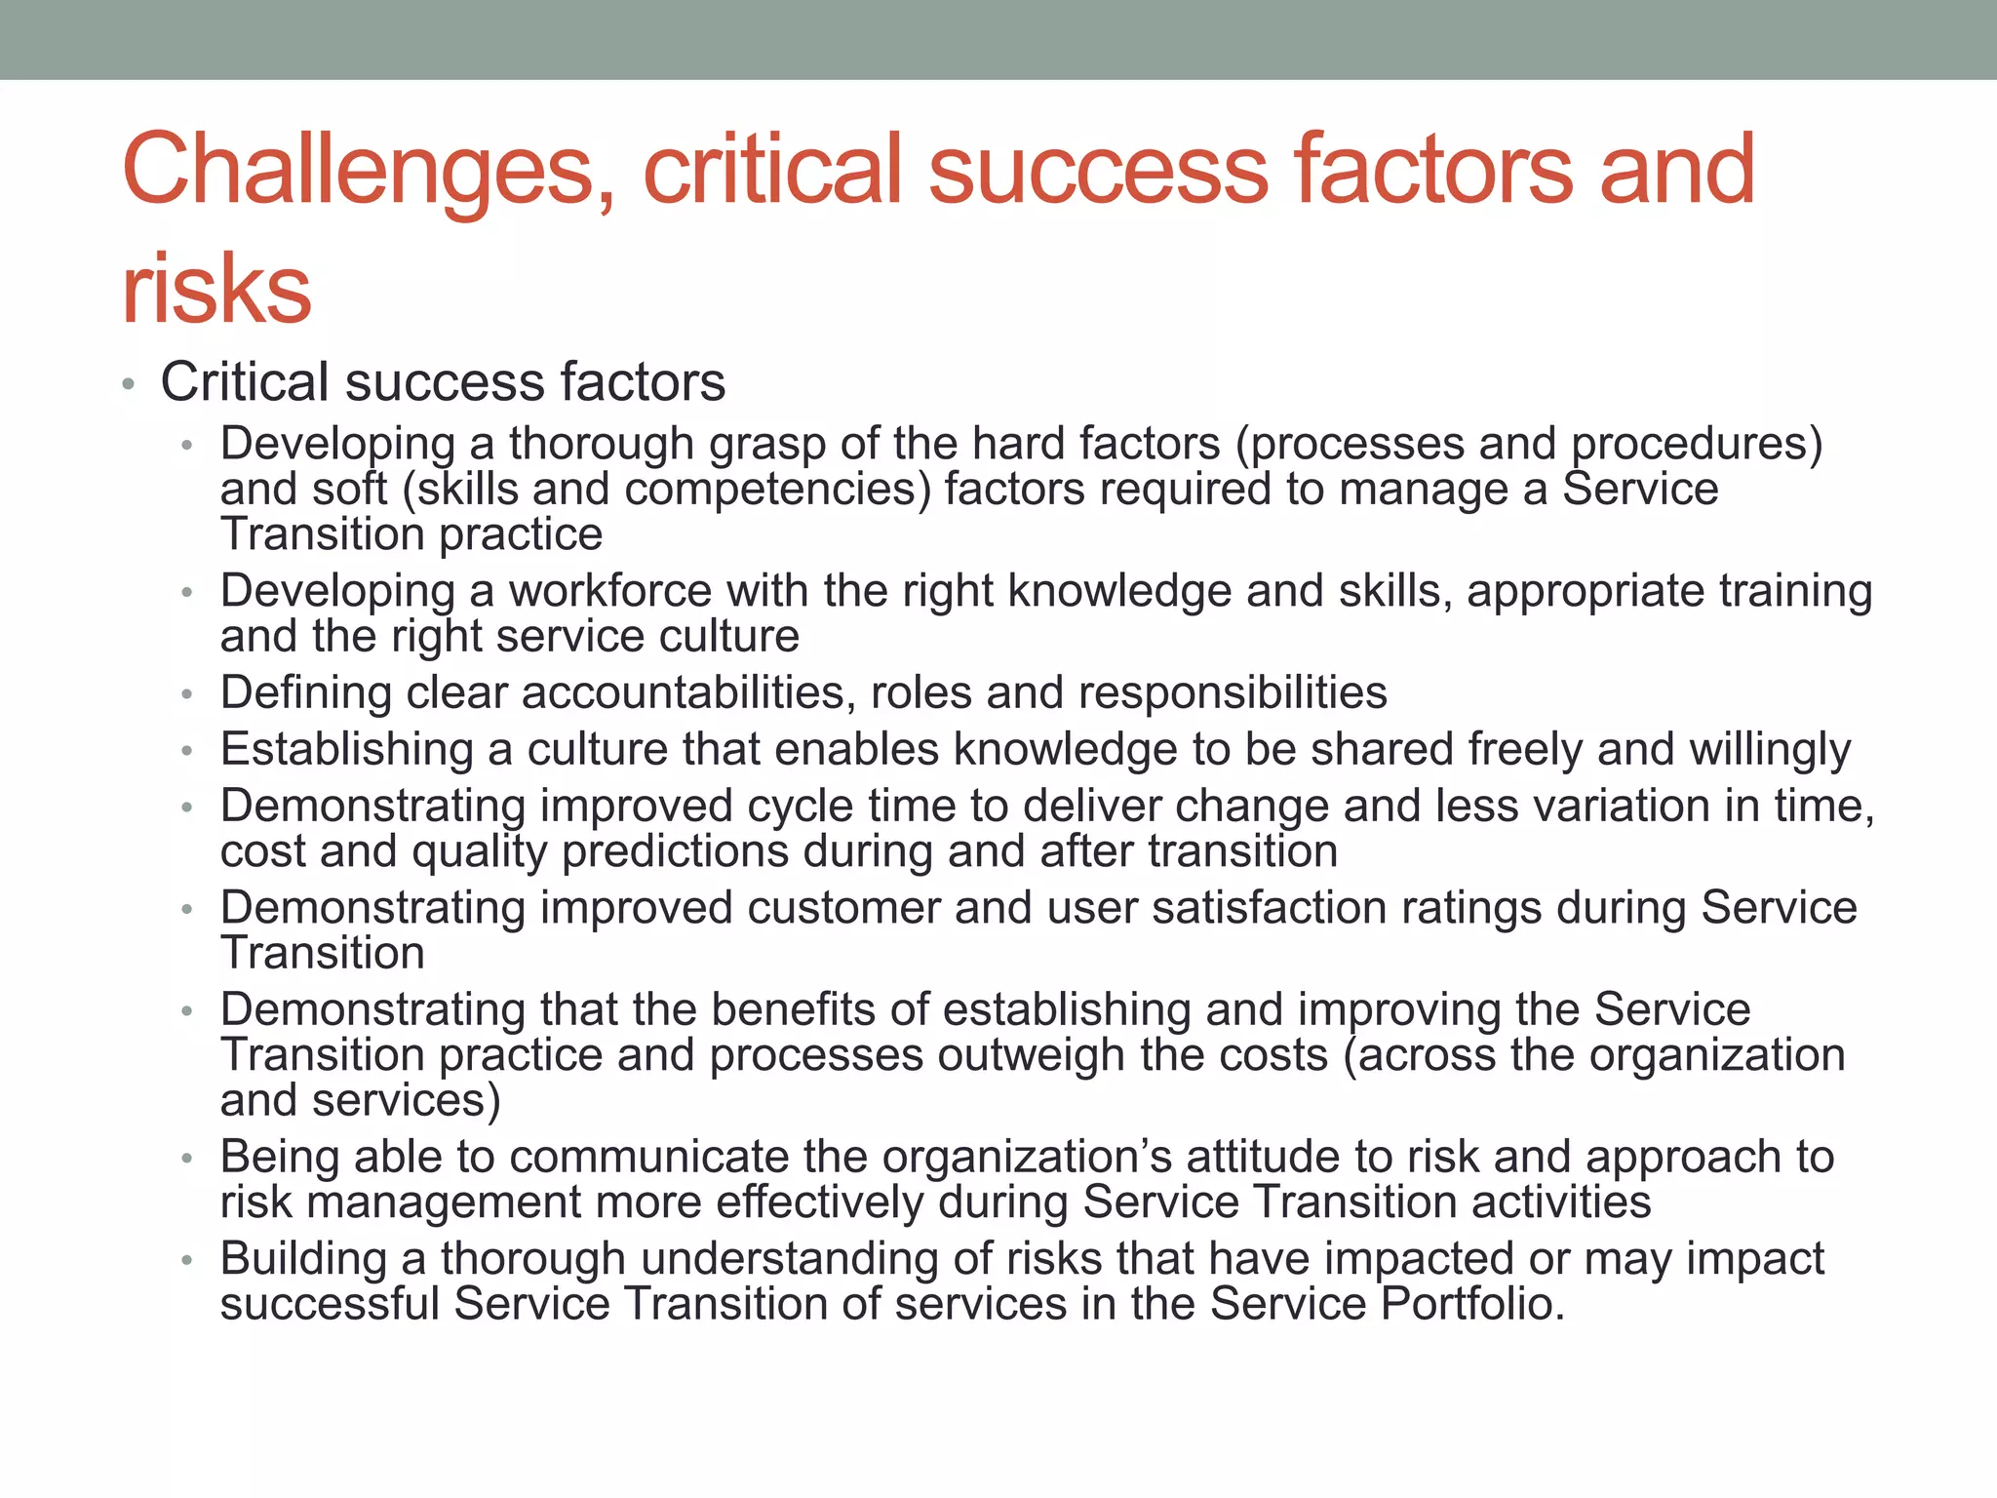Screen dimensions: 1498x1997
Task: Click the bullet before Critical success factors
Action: (129, 384)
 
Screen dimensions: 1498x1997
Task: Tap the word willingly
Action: (1770, 750)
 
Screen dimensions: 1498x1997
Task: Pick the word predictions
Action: (675, 851)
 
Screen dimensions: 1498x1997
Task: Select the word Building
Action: (303, 1259)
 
